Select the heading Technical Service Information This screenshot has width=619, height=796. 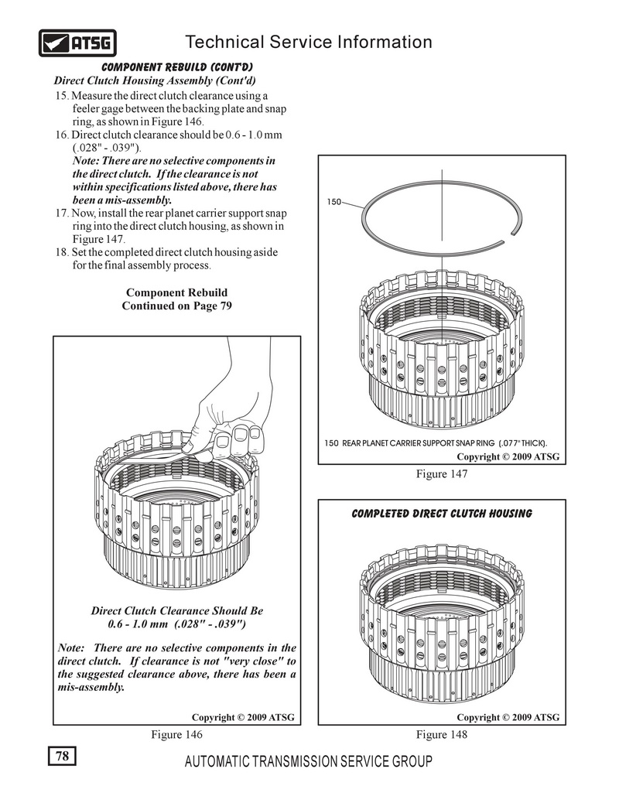coord(309,42)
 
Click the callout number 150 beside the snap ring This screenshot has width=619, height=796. coord(333,202)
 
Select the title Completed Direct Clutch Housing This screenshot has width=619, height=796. coord(441,514)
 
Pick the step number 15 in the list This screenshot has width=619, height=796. coord(62,95)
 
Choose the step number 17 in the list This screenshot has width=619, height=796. coord(62,214)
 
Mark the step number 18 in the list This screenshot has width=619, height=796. coord(62,253)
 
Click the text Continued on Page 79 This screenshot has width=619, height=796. coord(176,306)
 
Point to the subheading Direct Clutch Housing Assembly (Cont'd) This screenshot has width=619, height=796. coord(155,80)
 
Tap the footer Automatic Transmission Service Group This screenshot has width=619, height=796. coord(309,761)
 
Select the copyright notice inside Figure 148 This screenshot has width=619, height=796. coord(508,717)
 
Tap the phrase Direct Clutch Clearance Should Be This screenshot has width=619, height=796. coord(177,610)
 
